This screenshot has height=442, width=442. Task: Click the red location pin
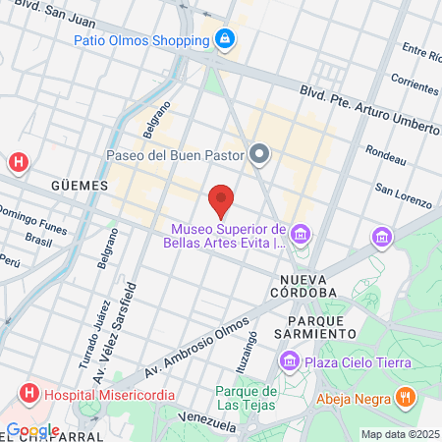pyautogui.click(x=221, y=199)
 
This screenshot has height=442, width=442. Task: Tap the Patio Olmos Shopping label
pyautogui.click(x=142, y=40)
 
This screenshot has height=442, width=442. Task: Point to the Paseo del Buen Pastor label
pyautogui.click(x=175, y=154)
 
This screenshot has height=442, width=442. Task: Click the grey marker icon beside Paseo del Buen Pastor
pyautogui.click(x=259, y=153)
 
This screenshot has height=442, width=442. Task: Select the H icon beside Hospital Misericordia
pyautogui.click(x=28, y=394)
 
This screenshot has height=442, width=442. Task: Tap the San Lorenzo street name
pyautogui.click(x=404, y=196)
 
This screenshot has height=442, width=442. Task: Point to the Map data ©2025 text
pyautogui.click(x=400, y=434)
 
